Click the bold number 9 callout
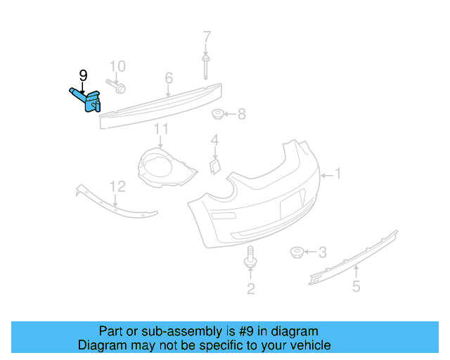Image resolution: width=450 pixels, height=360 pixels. [x=83, y=75]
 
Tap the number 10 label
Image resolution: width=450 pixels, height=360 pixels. [x=117, y=66]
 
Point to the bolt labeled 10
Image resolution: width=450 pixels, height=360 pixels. [x=117, y=87]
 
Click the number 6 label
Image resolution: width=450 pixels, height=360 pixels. [x=169, y=77]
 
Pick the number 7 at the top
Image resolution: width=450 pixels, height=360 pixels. [x=207, y=36]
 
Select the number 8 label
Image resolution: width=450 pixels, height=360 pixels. [x=241, y=114]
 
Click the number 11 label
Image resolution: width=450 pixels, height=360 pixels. [x=162, y=129]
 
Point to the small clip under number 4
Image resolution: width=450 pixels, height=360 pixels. [x=215, y=165]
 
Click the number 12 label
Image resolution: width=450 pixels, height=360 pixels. [x=117, y=186]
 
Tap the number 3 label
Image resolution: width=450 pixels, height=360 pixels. [x=322, y=252]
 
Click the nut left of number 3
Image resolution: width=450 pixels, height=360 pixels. [x=298, y=252]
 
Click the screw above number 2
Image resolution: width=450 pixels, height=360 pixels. [x=250, y=258]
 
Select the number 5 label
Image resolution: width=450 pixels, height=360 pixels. [x=356, y=287]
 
